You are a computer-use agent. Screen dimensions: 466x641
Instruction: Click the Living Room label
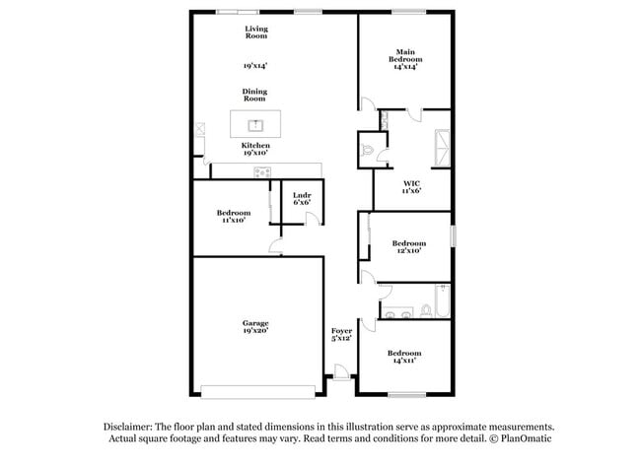tap(256, 33)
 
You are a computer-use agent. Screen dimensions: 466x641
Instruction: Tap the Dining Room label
tap(255, 96)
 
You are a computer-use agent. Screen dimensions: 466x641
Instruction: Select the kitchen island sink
tap(255, 125)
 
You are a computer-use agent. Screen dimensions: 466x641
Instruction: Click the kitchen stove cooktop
tap(263, 172)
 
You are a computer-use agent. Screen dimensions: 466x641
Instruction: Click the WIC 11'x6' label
tap(412, 187)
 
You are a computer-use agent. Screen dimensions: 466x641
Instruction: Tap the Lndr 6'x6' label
tap(302, 198)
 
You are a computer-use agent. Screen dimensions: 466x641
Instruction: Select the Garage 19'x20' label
tap(256, 327)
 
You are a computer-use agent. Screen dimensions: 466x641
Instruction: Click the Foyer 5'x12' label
tap(341, 335)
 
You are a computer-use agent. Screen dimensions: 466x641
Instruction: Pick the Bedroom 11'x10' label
tap(234, 217)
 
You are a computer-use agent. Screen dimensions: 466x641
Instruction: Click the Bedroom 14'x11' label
tap(403, 357)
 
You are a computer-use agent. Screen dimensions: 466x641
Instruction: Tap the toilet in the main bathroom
tap(370, 149)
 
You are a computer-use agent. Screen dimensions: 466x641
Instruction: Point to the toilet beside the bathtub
tap(425, 310)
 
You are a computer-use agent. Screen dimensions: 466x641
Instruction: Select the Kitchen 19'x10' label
tap(255, 150)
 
